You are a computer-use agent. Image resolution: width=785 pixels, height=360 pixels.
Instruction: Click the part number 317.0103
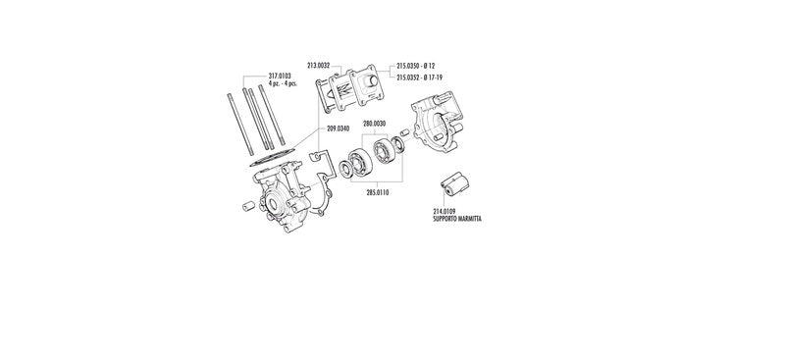pyautogui.click(x=280, y=77)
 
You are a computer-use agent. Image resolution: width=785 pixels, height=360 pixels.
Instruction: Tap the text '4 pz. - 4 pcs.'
pyautogui.click(x=283, y=83)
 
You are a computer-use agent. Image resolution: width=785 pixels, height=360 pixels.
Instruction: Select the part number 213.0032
pyautogui.click(x=318, y=65)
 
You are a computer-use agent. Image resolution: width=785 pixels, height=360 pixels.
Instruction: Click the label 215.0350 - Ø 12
pyautogui.click(x=415, y=66)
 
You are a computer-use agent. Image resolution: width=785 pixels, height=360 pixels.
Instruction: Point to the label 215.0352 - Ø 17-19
pyautogui.click(x=420, y=77)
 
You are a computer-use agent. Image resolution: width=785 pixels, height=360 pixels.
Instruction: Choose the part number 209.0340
pyautogui.click(x=338, y=129)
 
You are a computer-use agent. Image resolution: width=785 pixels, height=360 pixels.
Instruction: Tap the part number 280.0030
pyautogui.click(x=375, y=124)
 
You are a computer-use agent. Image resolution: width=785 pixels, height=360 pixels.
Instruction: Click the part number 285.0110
pyautogui.click(x=378, y=193)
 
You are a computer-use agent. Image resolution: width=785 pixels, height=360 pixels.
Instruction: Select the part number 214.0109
pyautogui.click(x=445, y=212)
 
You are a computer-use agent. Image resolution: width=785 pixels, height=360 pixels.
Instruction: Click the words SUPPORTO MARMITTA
pyautogui.click(x=457, y=219)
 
